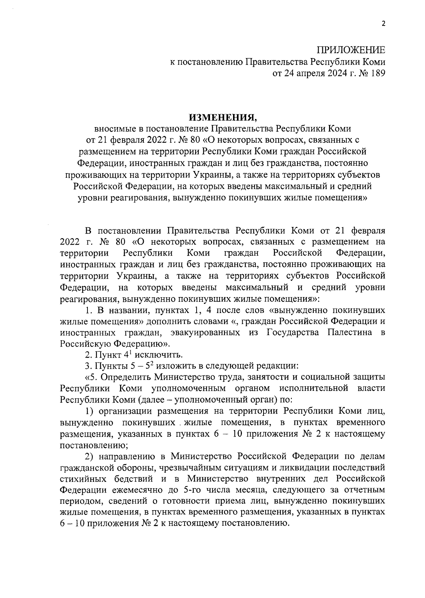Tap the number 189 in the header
376,74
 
